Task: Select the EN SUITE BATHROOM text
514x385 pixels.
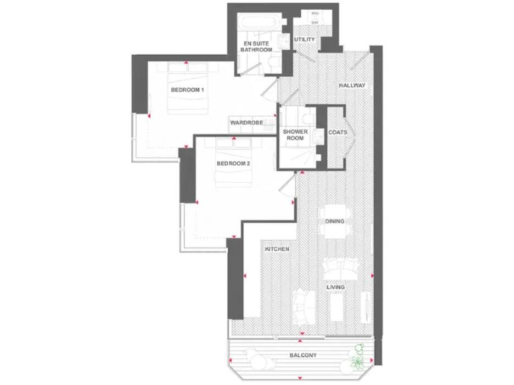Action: pos(257,46)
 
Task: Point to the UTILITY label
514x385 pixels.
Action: pos(304,40)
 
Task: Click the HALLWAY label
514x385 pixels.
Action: pos(352,86)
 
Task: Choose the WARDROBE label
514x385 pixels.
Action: pos(245,123)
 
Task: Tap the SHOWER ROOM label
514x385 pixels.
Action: pos(295,135)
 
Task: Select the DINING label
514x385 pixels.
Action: pos(334,221)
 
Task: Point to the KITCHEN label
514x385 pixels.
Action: pos(277,249)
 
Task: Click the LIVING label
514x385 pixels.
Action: pos(335,287)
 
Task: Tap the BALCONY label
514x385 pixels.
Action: pos(303,355)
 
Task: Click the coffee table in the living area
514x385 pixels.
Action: pos(337,305)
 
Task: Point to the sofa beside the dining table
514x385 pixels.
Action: pos(337,267)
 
